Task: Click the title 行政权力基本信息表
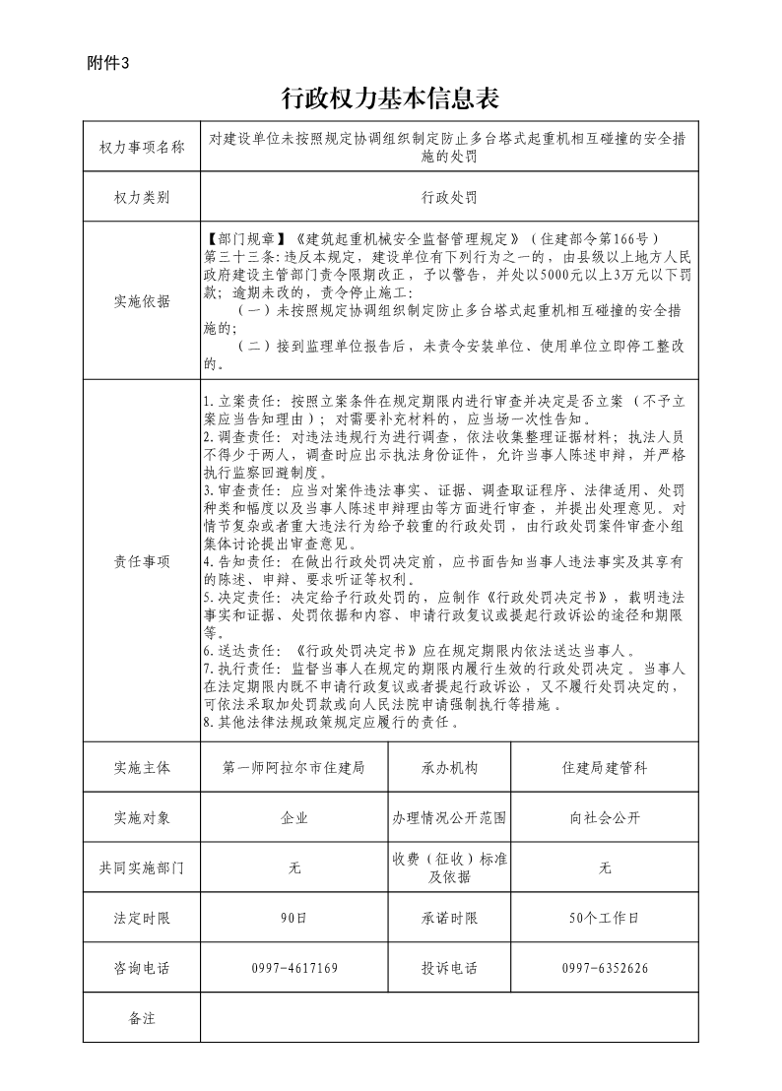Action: [391, 97]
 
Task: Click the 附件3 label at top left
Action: [108, 63]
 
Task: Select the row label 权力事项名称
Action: [142, 148]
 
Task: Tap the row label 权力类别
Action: [142, 197]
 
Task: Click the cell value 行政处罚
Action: [449, 197]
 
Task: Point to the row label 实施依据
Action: [142, 301]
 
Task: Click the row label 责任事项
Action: [142, 561]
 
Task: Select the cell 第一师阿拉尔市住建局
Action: [294, 768]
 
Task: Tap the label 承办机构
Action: [449, 768]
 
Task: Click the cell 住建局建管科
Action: [604, 768]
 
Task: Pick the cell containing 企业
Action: [294, 818]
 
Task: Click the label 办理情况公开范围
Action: [449, 818]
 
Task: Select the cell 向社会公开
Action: [604, 818]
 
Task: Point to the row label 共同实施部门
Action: [142, 868]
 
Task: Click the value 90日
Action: [294, 919]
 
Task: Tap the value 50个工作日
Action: [604, 919]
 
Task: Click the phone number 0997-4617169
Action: [294, 969]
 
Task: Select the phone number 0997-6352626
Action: [604, 969]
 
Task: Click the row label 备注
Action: [142, 1018]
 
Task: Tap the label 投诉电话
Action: [449, 969]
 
